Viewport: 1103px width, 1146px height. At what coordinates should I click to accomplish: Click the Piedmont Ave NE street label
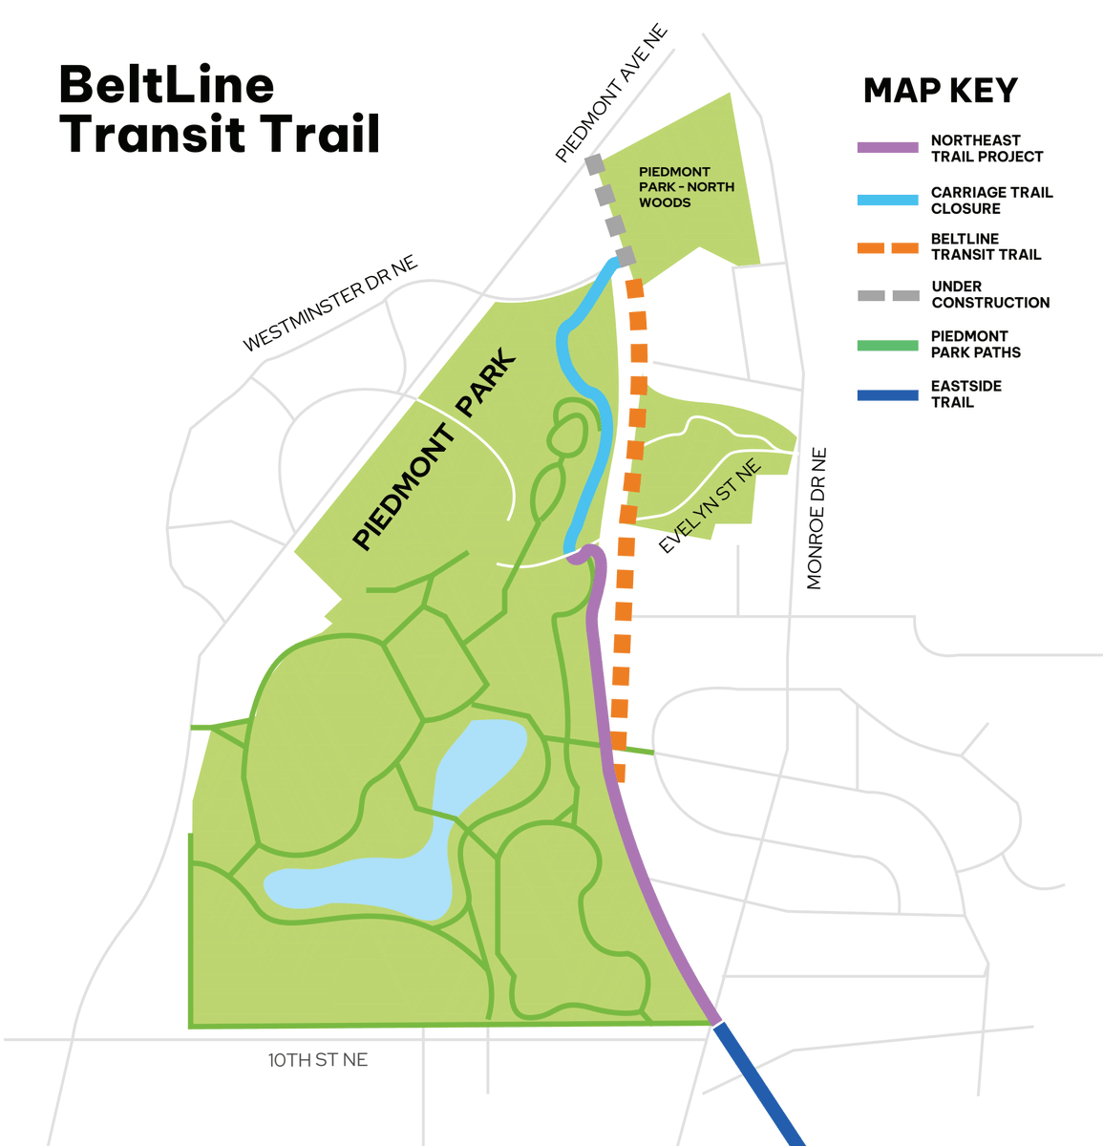611,94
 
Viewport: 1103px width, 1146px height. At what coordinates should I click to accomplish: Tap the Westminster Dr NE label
330,304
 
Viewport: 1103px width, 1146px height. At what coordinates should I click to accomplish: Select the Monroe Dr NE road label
816,519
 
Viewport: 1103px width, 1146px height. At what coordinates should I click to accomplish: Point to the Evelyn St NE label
711,506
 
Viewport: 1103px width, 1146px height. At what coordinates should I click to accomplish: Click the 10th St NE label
318,1060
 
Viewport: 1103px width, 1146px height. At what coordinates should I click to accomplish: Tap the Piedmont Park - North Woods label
687,187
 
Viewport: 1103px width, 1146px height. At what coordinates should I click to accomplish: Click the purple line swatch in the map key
888,148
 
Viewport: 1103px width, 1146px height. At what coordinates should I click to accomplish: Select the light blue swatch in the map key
888,201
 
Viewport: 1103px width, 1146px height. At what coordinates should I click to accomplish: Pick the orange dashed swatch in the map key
888,247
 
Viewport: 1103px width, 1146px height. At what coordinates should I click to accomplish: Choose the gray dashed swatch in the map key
888,295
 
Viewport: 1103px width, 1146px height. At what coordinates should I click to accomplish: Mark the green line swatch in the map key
888,345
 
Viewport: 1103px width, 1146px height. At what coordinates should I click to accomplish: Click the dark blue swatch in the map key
888,394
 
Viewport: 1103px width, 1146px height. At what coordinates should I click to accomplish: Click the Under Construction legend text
990,294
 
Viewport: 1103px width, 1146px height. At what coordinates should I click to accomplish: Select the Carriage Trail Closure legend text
991,201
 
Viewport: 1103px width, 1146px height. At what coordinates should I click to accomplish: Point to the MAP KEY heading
940,91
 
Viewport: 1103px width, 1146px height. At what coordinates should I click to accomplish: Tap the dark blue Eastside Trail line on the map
759,1084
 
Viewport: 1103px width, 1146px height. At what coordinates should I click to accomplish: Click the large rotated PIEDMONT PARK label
435,453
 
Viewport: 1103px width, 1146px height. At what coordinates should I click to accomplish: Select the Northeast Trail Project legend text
986,148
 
